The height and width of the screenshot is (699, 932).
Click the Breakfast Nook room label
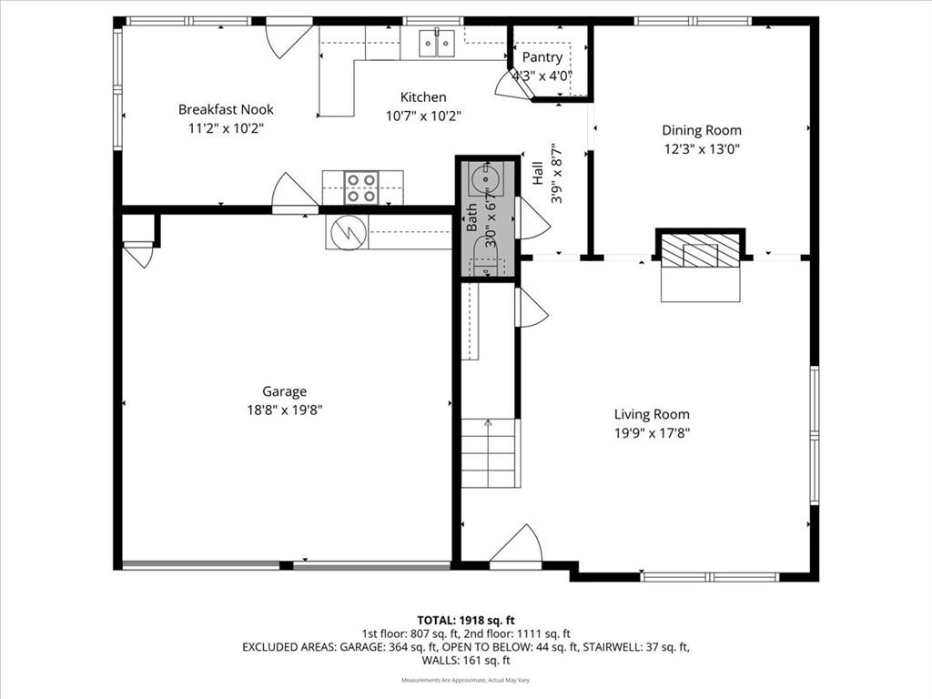pos(226,109)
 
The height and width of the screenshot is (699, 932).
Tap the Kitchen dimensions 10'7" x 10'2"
pos(423,116)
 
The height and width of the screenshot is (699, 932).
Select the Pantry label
pos(542,57)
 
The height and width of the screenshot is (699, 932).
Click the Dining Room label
pos(701,130)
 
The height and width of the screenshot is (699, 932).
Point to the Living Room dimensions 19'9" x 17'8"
pos(652,433)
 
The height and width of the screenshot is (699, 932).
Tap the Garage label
pos(285,391)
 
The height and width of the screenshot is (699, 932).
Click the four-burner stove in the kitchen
pos(361,187)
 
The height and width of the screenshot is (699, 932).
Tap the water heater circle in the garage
pos(347,233)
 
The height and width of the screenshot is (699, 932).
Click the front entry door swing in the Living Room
pos(517,546)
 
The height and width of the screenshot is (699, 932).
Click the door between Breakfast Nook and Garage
pos(294,193)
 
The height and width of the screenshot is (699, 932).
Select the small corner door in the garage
pos(138,252)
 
